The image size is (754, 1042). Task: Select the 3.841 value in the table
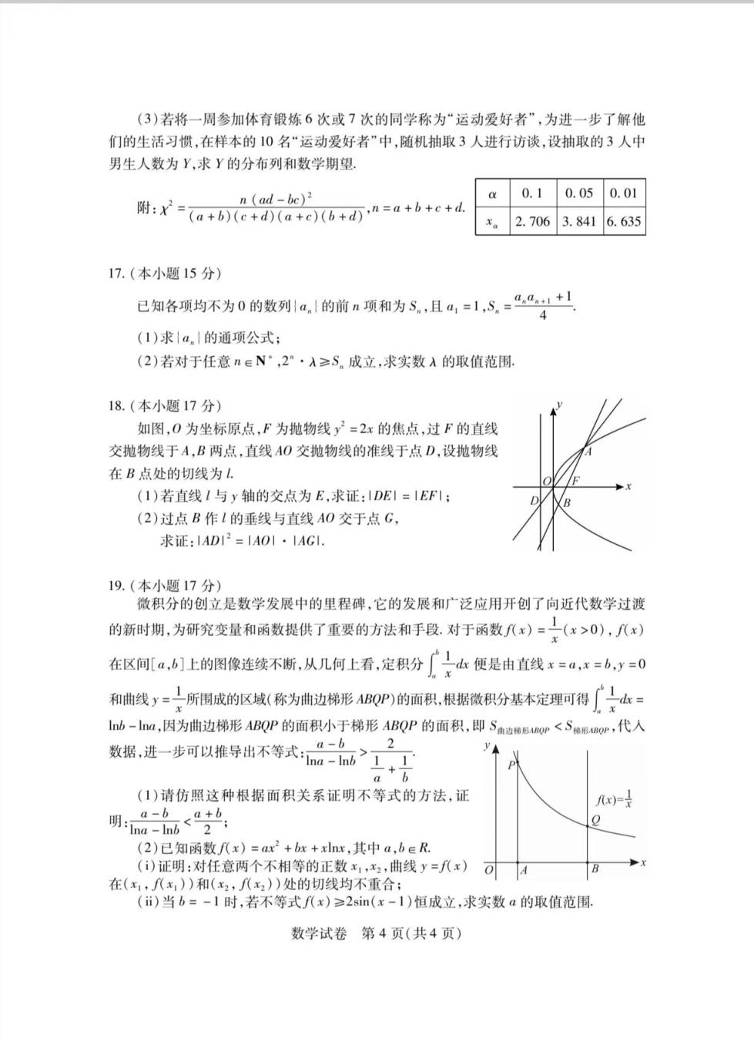tap(578, 221)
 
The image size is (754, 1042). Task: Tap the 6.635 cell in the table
tap(623, 221)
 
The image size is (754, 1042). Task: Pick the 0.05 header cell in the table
tap(578, 193)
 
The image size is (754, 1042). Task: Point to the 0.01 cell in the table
tap(623, 193)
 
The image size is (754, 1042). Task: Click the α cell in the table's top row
tap(492, 193)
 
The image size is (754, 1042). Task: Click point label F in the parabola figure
tap(575, 479)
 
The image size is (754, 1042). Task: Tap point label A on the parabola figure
tap(588, 452)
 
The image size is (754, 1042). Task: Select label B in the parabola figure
tap(567, 503)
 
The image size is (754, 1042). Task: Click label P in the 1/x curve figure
tap(511, 765)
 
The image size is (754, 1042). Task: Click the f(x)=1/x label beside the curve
tap(615, 799)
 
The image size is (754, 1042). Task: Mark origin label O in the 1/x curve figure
tap(489, 870)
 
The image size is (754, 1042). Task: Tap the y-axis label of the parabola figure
tap(559, 403)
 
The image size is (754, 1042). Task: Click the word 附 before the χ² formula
tap(145, 207)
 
